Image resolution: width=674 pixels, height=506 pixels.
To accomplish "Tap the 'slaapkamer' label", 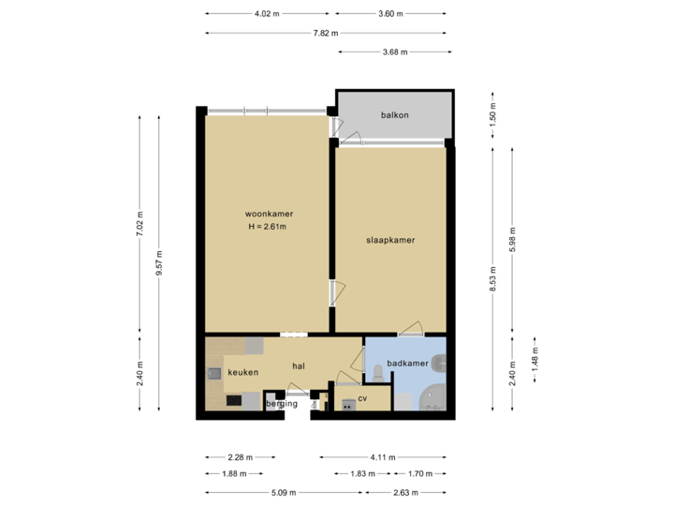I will point(389,240).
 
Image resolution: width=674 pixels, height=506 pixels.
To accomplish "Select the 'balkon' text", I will point(394,115).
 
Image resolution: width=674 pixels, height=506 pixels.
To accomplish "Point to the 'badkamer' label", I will point(407,363).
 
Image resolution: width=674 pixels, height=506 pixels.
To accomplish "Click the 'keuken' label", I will point(242,372).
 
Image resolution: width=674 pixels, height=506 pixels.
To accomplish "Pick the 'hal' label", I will point(300,365).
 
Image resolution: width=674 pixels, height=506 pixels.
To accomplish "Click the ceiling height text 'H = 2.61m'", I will point(267,227).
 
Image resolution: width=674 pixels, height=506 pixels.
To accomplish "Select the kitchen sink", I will point(214,374).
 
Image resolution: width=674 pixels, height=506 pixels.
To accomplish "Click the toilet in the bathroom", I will point(377,374).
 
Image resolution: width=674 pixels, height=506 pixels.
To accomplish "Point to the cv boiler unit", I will point(347,405).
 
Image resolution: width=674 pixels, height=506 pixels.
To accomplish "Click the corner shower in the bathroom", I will point(432,397).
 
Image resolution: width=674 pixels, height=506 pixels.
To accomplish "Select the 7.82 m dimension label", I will point(325,33).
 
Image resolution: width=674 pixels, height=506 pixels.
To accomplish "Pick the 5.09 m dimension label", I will point(284,492).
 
